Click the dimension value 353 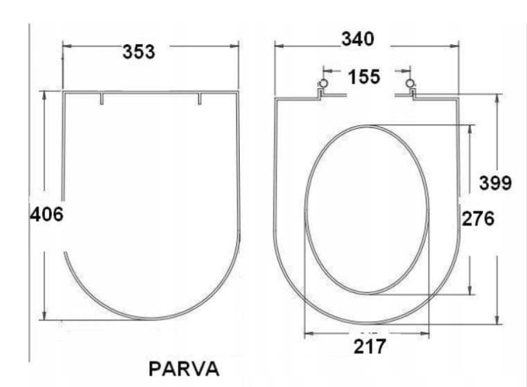[138, 51]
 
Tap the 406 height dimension [46, 214]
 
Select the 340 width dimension [358, 39]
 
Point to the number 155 [364, 76]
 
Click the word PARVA [184, 368]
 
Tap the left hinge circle [323, 84]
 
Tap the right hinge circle [410, 84]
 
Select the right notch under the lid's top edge [200, 99]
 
